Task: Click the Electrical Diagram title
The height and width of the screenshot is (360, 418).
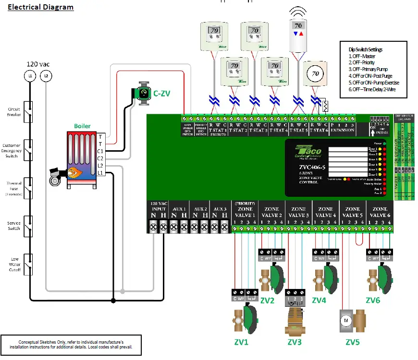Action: tap(41, 7)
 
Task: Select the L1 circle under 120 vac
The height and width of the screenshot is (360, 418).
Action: tap(30, 75)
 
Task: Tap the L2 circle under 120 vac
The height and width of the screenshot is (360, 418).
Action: tap(46, 75)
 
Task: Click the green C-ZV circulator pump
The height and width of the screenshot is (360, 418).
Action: tap(143, 93)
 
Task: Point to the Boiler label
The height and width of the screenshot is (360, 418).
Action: tap(82, 126)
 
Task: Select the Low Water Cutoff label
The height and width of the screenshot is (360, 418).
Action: tap(13, 264)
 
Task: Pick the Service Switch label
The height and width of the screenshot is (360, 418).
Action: tap(13, 226)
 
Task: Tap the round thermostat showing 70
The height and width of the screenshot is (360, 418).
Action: tap(315, 74)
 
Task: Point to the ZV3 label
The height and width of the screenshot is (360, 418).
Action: tap(295, 342)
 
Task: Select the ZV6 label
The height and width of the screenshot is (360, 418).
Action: tap(373, 300)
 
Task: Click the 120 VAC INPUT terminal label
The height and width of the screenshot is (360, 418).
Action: tap(159, 206)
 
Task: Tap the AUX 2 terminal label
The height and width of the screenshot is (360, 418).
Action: tap(199, 209)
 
